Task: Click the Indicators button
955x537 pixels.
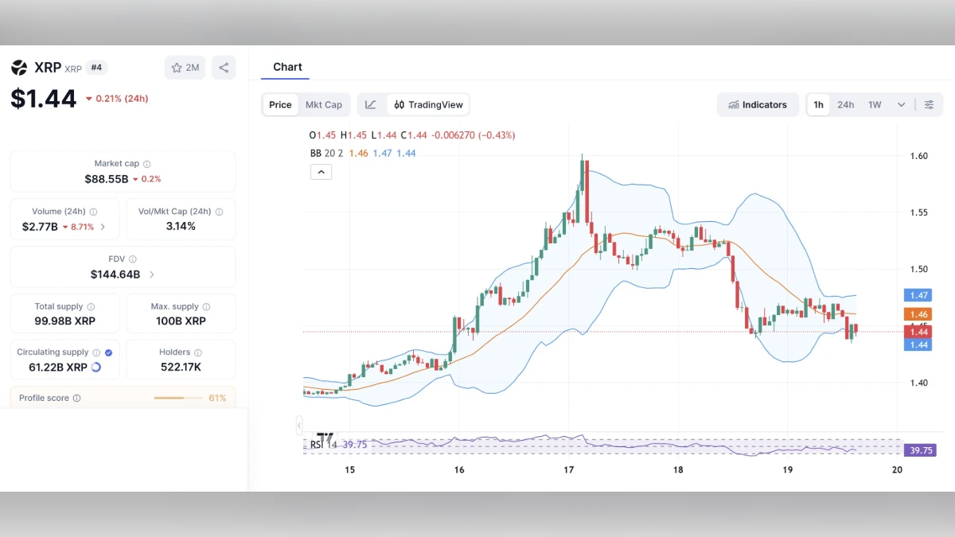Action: [758, 105]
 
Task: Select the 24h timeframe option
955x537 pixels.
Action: [845, 105]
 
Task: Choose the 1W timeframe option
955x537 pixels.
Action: [875, 105]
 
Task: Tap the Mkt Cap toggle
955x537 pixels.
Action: [324, 105]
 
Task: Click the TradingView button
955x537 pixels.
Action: [428, 105]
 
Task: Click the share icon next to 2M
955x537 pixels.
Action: [224, 68]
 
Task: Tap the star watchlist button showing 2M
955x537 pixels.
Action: [185, 68]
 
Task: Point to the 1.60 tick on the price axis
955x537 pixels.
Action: [918, 156]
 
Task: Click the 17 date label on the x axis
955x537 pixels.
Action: [569, 470]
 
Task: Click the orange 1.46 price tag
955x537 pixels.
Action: [918, 314]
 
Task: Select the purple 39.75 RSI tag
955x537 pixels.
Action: [921, 450]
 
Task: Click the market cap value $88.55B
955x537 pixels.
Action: [107, 179]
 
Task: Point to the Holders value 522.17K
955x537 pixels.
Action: [181, 367]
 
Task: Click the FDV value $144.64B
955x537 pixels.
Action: [115, 274]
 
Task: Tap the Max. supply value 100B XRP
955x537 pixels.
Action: [181, 321]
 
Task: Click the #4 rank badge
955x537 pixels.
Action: [96, 68]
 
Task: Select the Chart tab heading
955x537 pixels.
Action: [287, 67]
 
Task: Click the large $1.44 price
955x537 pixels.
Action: [44, 99]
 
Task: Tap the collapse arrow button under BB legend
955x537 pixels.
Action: [321, 172]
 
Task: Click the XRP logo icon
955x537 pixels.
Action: [19, 68]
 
